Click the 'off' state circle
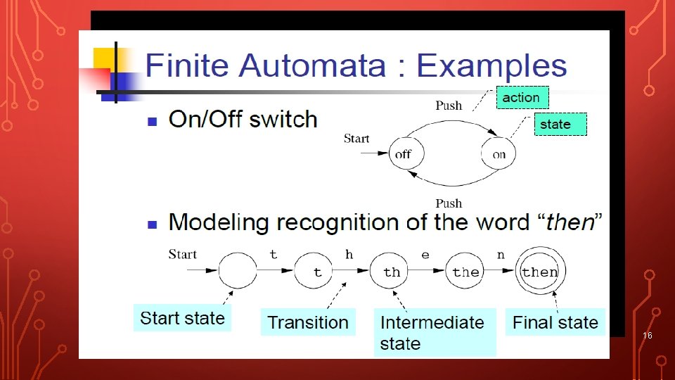tap(404, 154)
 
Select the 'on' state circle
tap(499, 154)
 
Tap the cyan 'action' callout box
tap(522, 98)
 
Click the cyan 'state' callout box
tap(560, 125)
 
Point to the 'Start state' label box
tap(182, 319)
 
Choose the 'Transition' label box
tap(308, 322)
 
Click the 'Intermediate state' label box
tap(434, 332)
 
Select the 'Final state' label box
tap(555, 322)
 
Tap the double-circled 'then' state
tap(540, 272)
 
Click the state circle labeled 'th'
tap(392, 272)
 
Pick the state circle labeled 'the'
tap(465, 272)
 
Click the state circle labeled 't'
tap(317, 272)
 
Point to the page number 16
tap(648, 336)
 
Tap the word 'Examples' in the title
tap(491, 66)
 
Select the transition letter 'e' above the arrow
tap(425, 255)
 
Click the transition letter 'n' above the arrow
tap(501, 255)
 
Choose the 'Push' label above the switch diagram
tap(449, 106)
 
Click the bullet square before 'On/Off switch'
tap(151, 122)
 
